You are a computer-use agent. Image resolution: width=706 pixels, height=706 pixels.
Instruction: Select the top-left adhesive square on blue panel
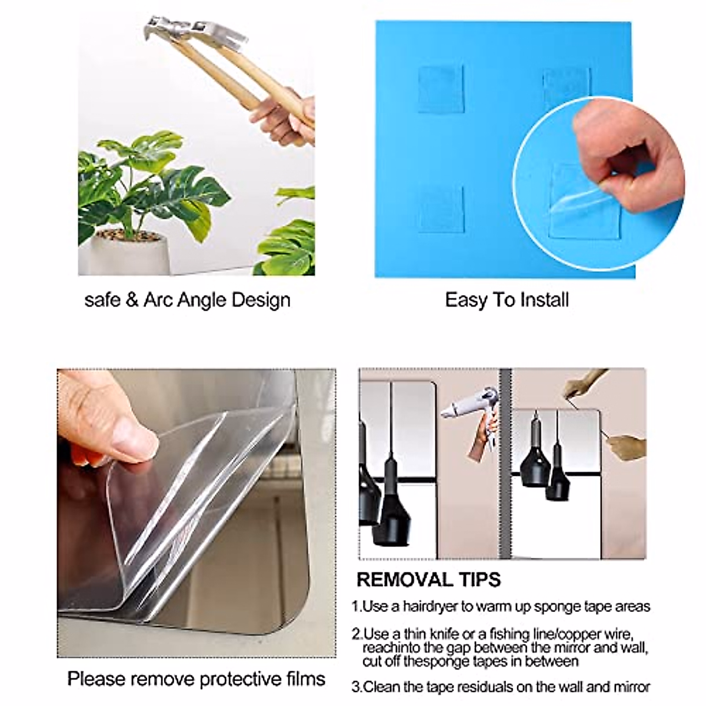click(441, 89)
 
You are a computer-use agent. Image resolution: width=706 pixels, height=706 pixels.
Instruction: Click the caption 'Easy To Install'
click(507, 300)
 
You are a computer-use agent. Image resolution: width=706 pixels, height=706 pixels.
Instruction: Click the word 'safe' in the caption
click(102, 300)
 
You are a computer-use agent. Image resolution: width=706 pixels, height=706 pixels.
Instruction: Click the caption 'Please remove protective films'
click(196, 678)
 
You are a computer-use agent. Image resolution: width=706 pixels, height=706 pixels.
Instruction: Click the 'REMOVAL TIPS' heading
click(428, 580)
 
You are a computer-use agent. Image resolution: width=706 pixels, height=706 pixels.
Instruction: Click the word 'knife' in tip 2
click(445, 634)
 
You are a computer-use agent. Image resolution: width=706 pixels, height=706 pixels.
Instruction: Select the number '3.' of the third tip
click(357, 687)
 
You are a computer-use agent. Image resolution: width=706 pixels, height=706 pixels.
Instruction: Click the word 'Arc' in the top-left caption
click(158, 300)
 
